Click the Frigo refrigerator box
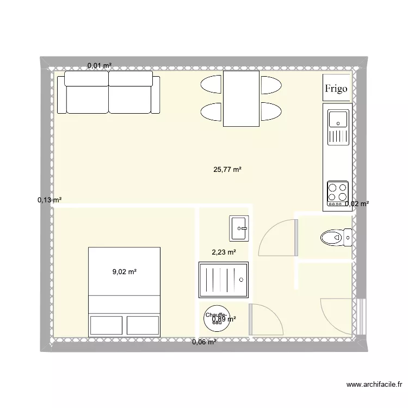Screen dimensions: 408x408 tap(336, 88)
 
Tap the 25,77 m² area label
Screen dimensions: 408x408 tap(227, 170)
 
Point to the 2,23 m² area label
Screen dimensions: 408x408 tap(224, 252)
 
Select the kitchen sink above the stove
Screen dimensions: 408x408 tap(337, 126)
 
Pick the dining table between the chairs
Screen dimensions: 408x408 tap(241, 98)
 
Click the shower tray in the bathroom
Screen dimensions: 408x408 tap(224, 280)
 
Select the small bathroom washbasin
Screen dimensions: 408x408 tap(239, 228)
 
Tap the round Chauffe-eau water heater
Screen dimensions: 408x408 tap(217, 319)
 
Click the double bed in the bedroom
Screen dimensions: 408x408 tap(125, 292)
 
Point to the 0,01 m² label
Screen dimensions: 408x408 tap(100, 66)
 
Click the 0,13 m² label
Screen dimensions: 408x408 tap(49, 200)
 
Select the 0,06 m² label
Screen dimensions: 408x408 tap(204, 342)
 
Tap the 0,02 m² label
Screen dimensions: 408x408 tap(357, 204)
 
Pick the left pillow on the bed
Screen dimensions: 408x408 tap(106, 325)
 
